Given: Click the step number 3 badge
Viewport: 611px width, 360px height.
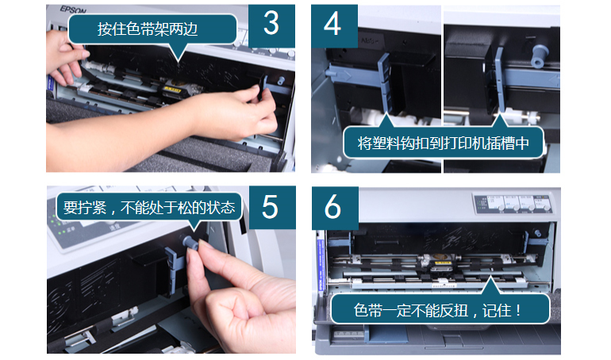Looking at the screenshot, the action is (271, 25).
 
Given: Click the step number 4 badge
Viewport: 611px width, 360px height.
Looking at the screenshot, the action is (334, 25).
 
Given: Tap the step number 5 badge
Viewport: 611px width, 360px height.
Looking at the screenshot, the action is (272, 207).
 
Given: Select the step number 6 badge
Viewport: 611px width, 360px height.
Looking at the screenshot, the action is (335, 208).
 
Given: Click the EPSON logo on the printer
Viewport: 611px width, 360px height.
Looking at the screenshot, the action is (73, 10).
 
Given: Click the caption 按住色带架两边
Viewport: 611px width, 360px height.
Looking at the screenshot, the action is (148, 29).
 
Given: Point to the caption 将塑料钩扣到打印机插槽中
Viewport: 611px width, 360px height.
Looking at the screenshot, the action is (444, 144).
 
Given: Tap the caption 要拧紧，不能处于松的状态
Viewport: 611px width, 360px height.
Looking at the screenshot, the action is (149, 208).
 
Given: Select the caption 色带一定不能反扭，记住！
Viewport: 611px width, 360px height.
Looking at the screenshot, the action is (437, 310).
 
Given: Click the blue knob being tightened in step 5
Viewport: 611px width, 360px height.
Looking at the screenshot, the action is (191, 243).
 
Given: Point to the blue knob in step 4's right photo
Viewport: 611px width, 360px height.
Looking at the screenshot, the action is (540, 56).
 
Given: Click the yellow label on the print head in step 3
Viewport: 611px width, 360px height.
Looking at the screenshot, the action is (172, 89).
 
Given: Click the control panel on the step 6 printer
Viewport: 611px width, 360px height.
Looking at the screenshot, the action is (513, 203).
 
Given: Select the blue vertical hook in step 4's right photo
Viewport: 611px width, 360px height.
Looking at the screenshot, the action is (500, 80).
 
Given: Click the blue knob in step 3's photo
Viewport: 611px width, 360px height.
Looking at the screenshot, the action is (280, 81).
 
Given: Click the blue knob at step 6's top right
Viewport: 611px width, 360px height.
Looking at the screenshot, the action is (538, 233).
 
